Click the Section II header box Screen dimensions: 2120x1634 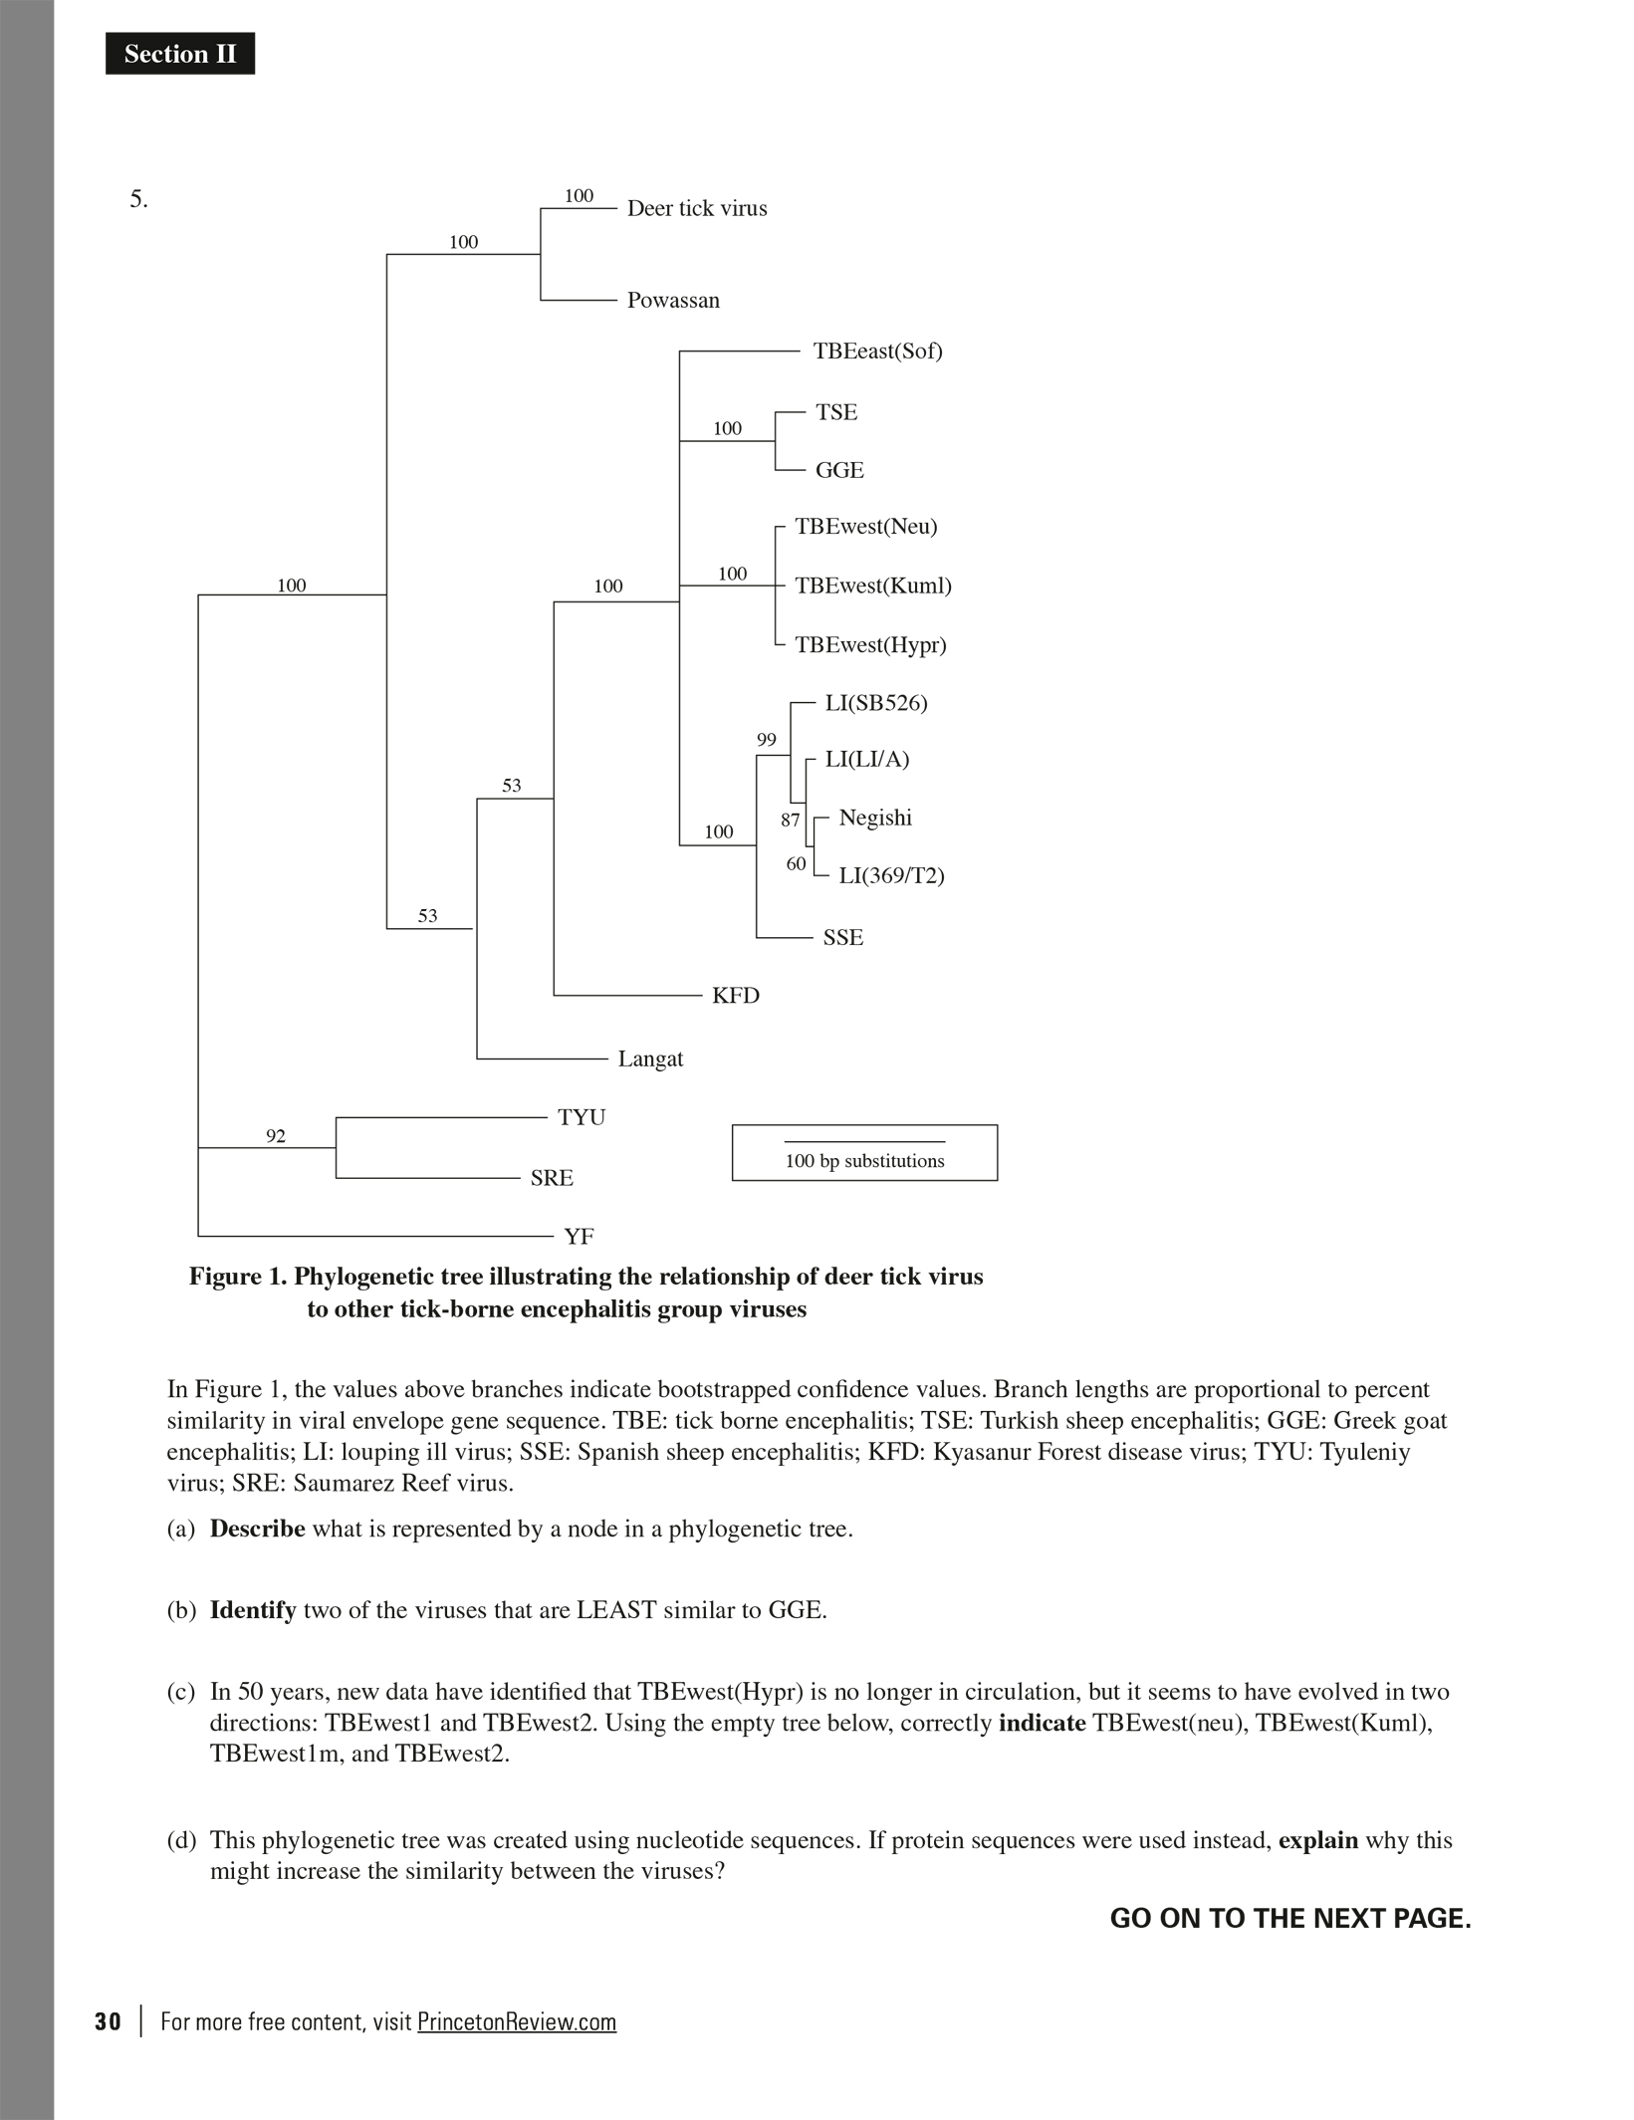(x=180, y=54)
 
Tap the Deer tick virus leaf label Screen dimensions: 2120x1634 (x=697, y=209)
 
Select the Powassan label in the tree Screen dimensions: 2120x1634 (x=673, y=301)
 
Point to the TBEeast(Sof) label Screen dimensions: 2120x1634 (x=877, y=352)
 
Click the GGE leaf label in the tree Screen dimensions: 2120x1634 (x=839, y=471)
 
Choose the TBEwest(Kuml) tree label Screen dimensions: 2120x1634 (x=872, y=587)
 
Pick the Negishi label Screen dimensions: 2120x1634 (x=875, y=819)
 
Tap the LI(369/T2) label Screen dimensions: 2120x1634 (x=891, y=876)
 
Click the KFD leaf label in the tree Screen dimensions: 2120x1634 (x=736, y=997)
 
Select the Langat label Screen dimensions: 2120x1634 (x=650, y=1060)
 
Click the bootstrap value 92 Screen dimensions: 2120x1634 (x=276, y=1136)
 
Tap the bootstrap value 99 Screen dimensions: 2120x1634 (x=766, y=740)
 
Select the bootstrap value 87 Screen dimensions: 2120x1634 (x=791, y=821)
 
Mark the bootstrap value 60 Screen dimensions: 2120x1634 (x=796, y=864)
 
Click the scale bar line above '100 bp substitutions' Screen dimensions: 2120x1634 (x=864, y=1142)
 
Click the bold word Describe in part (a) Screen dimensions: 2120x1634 (x=257, y=1530)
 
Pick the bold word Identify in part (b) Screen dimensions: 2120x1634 (x=253, y=1611)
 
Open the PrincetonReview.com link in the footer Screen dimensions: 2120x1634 (x=517, y=2022)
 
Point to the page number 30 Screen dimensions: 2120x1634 (x=108, y=2022)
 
